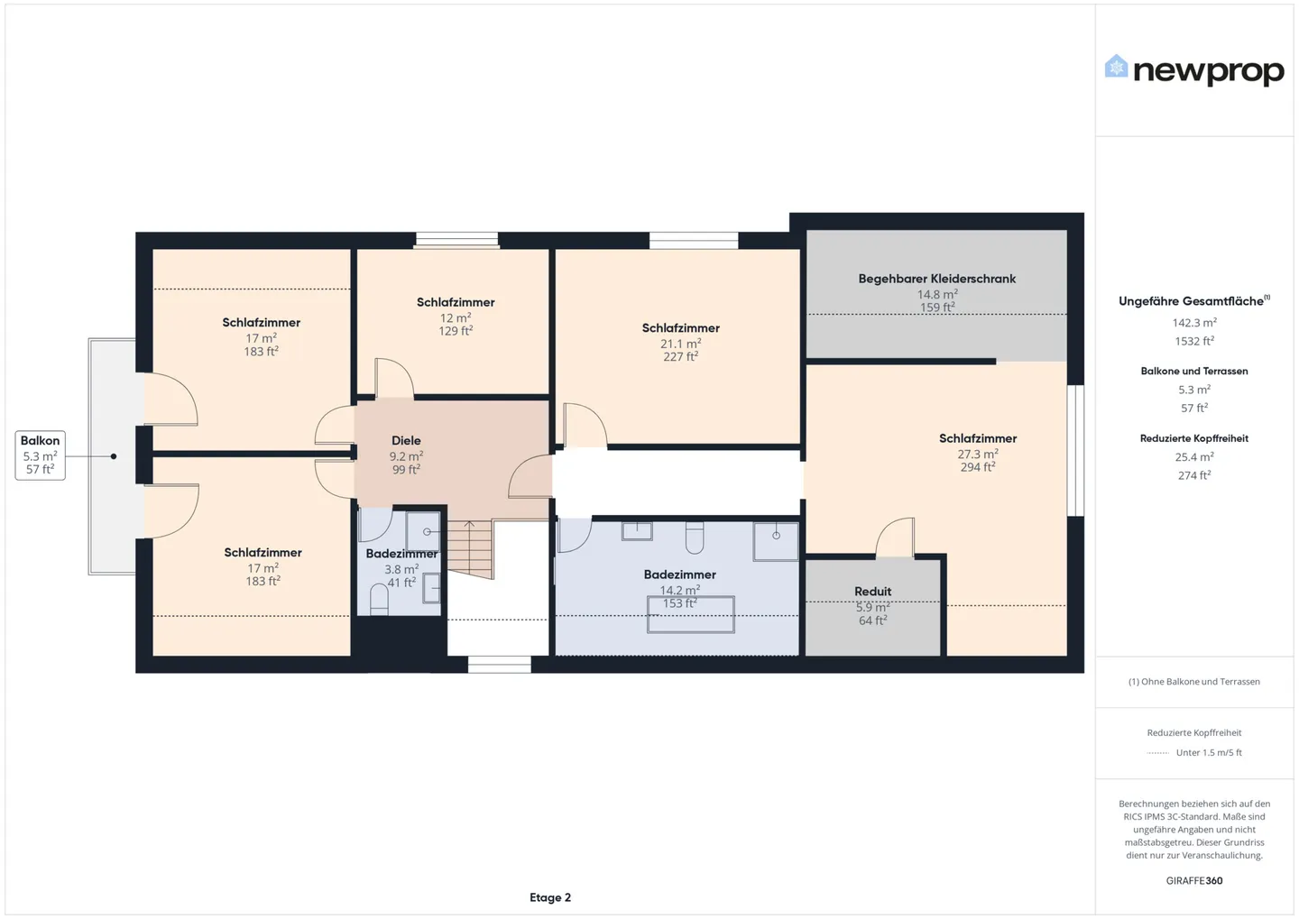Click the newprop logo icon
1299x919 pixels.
[1116, 67]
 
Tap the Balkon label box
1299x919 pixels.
[41, 455]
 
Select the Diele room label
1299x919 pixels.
[406, 441]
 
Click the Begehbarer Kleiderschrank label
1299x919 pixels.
[936, 279]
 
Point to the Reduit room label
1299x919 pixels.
[872, 592]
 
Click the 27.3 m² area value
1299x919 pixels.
[977, 454]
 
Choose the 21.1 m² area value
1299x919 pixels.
[680, 344]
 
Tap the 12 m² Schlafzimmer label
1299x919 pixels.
[456, 302]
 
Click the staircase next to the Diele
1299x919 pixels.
[470, 547]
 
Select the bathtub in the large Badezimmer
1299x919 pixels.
[690, 615]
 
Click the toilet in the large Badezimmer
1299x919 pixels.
[694, 538]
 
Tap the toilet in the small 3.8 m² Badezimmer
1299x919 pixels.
[379, 601]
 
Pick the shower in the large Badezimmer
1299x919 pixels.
[776, 541]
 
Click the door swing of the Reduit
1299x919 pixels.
[896, 538]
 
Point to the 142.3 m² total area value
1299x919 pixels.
[1193, 323]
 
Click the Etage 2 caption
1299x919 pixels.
[550, 897]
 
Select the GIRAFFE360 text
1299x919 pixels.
[1193, 881]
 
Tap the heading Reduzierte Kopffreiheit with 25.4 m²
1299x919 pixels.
[1193, 438]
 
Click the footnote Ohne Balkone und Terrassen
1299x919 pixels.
[1193, 682]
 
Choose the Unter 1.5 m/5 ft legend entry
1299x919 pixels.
[1208, 752]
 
